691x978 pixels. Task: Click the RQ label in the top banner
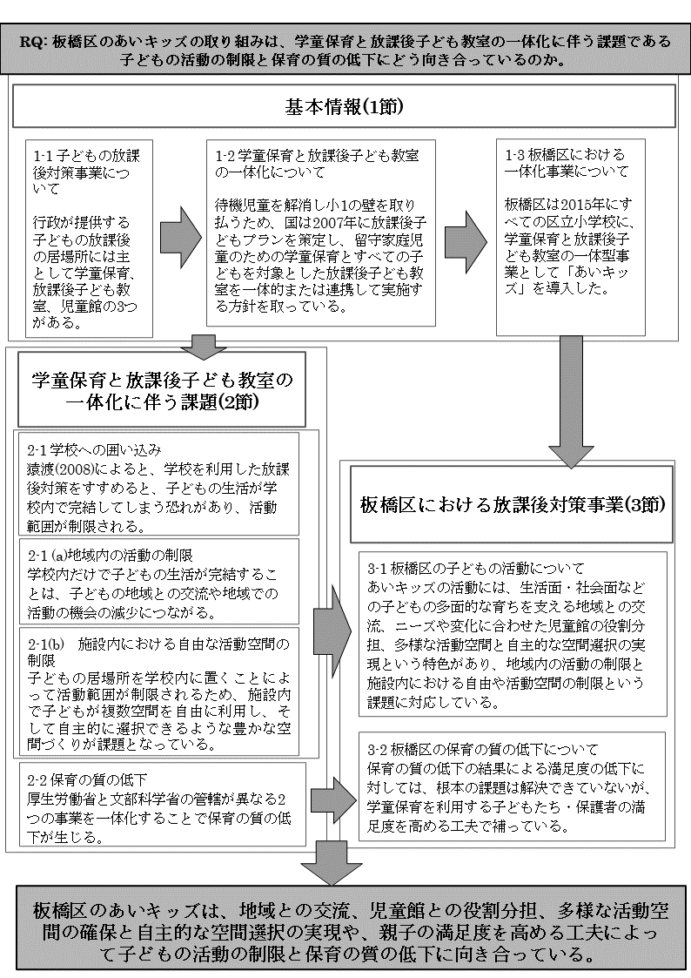tap(38, 41)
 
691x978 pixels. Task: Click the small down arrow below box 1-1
tap(207, 346)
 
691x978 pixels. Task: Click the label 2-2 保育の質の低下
tap(86, 778)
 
